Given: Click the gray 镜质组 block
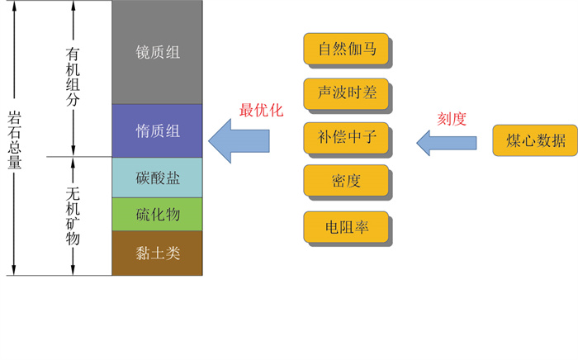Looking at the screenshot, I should pos(157,52).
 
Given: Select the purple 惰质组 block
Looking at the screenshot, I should pos(157,130).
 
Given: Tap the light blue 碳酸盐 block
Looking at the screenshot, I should pos(157,178).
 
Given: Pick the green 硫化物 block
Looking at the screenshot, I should pos(157,215).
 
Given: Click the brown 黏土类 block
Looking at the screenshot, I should pos(157,253).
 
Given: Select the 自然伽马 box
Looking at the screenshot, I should pos(346,49).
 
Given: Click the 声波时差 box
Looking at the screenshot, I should pos(346,92).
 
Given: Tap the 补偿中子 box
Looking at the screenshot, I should pos(346,136).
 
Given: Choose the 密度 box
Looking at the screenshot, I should pos(346,181).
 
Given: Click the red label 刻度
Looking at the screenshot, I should pos(452,119).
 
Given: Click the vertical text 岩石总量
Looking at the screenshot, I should pos(14,138).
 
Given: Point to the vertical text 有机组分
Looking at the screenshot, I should pos(73,77).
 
